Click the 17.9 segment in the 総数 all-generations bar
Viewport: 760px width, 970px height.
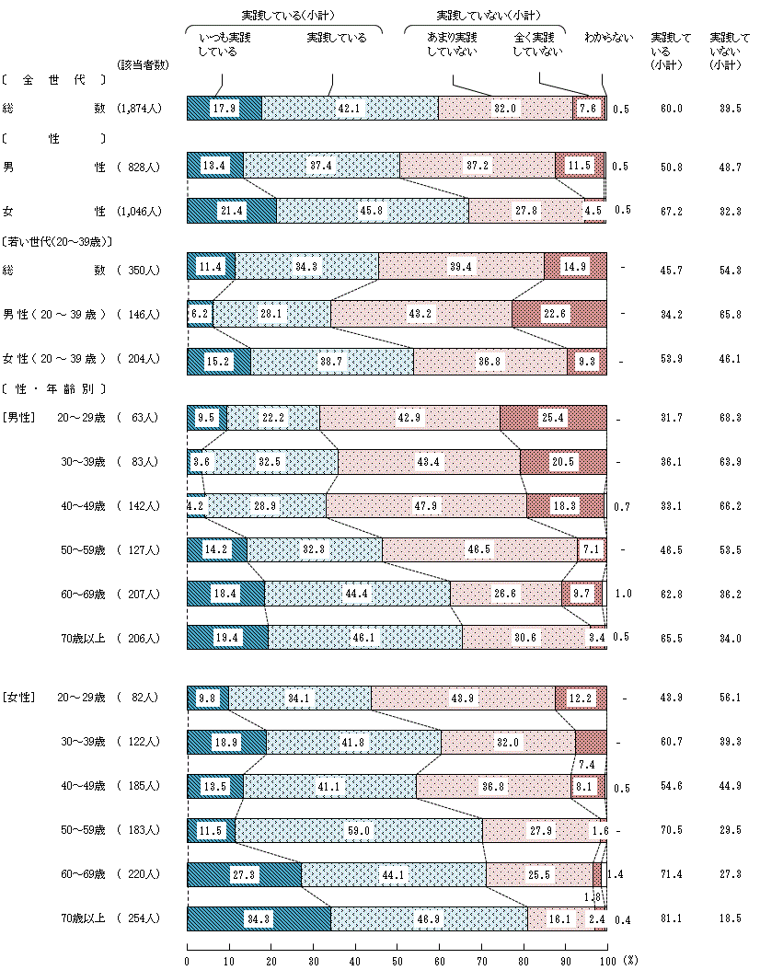[225, 108]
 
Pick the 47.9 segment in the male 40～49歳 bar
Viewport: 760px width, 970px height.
[426, 505]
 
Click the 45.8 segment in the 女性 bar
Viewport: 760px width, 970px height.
[372, 211]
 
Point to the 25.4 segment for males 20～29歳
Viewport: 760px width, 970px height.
[553, 417]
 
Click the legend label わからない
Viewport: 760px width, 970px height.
[609, 38]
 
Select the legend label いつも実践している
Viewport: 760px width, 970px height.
[225, 44]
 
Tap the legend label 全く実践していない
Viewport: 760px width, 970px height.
[537, 44]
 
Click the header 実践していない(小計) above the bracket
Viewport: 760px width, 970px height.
[488, 16]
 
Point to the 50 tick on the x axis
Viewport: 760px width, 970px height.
[397, 959]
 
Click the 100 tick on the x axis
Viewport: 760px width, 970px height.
[606, 959]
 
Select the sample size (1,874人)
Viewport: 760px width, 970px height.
[140, 109]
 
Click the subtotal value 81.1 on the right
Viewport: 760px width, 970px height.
[671, 918]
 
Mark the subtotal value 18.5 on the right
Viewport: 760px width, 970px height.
[730, 918]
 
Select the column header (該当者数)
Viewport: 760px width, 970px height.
[144, 64]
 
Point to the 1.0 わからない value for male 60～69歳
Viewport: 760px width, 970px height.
[623, 594]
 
